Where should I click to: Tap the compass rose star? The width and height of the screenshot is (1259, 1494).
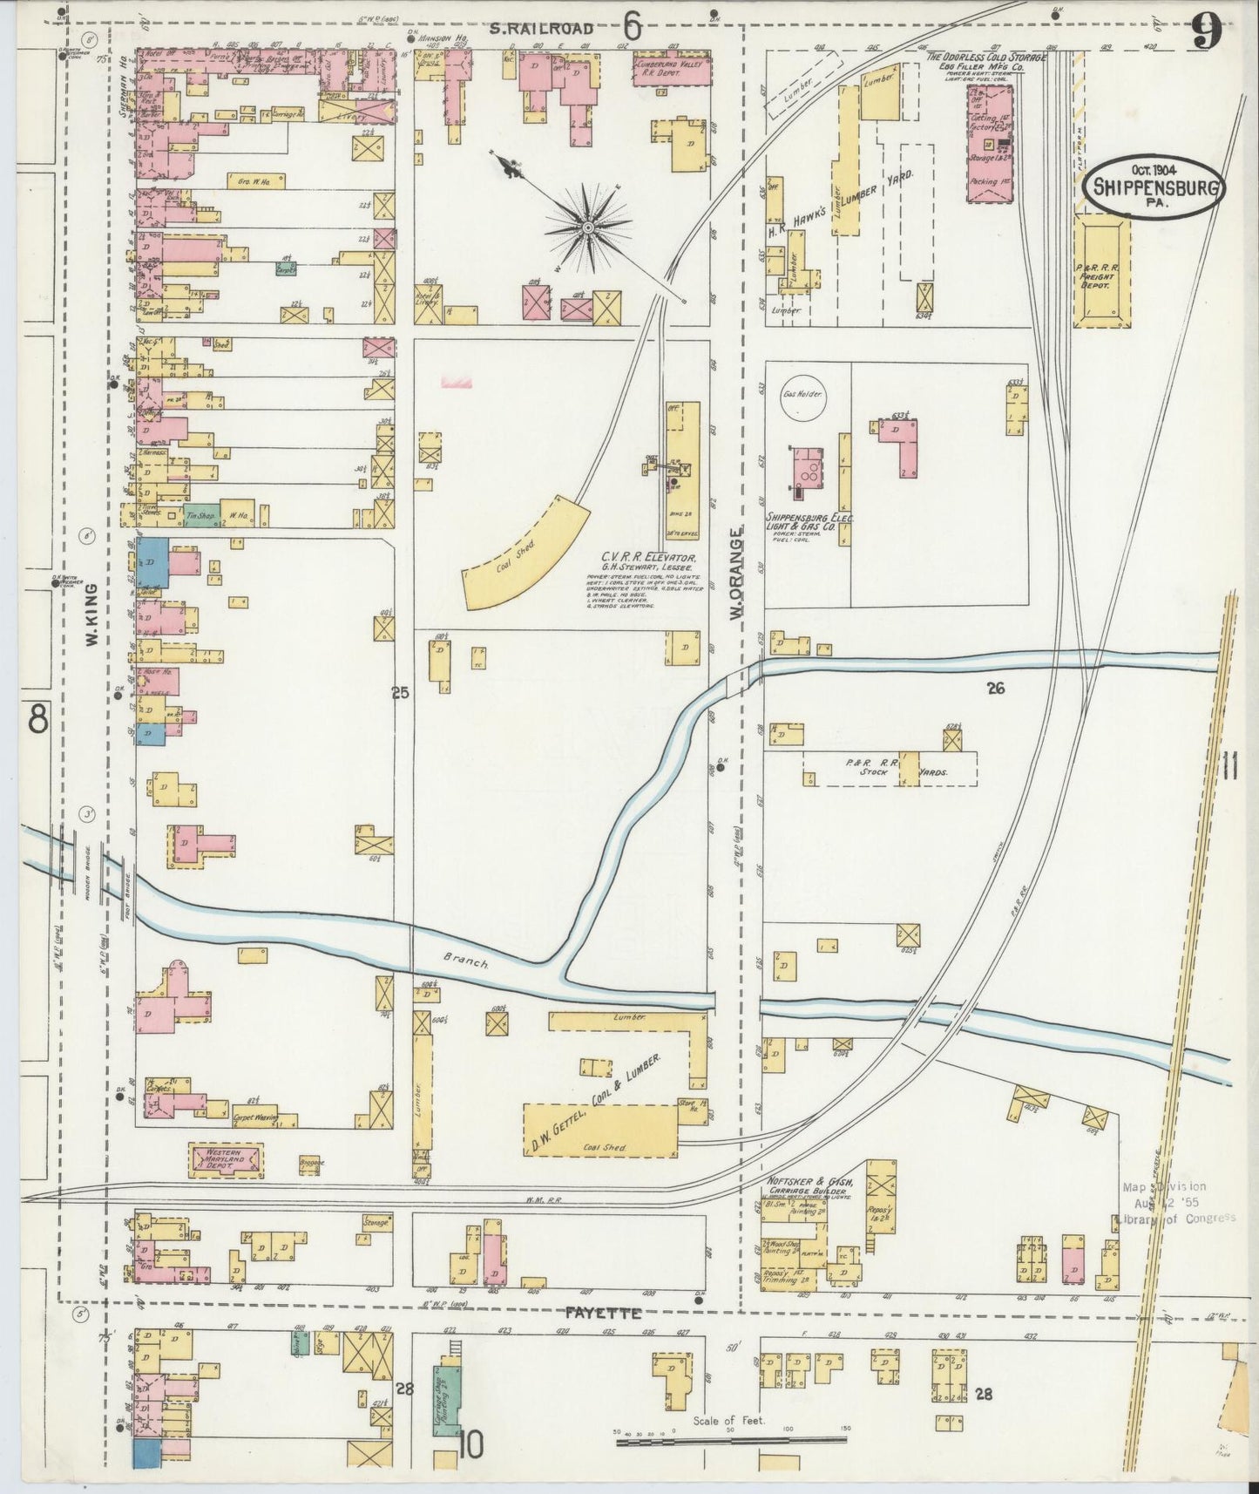[588, 227]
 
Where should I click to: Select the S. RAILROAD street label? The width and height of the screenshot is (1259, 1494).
[540, 30]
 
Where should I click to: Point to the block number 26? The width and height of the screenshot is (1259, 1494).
[996, 688]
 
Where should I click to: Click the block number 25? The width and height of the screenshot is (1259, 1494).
[400, 693]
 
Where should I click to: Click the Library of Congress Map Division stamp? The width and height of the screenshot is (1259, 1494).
[1175, 1202]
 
